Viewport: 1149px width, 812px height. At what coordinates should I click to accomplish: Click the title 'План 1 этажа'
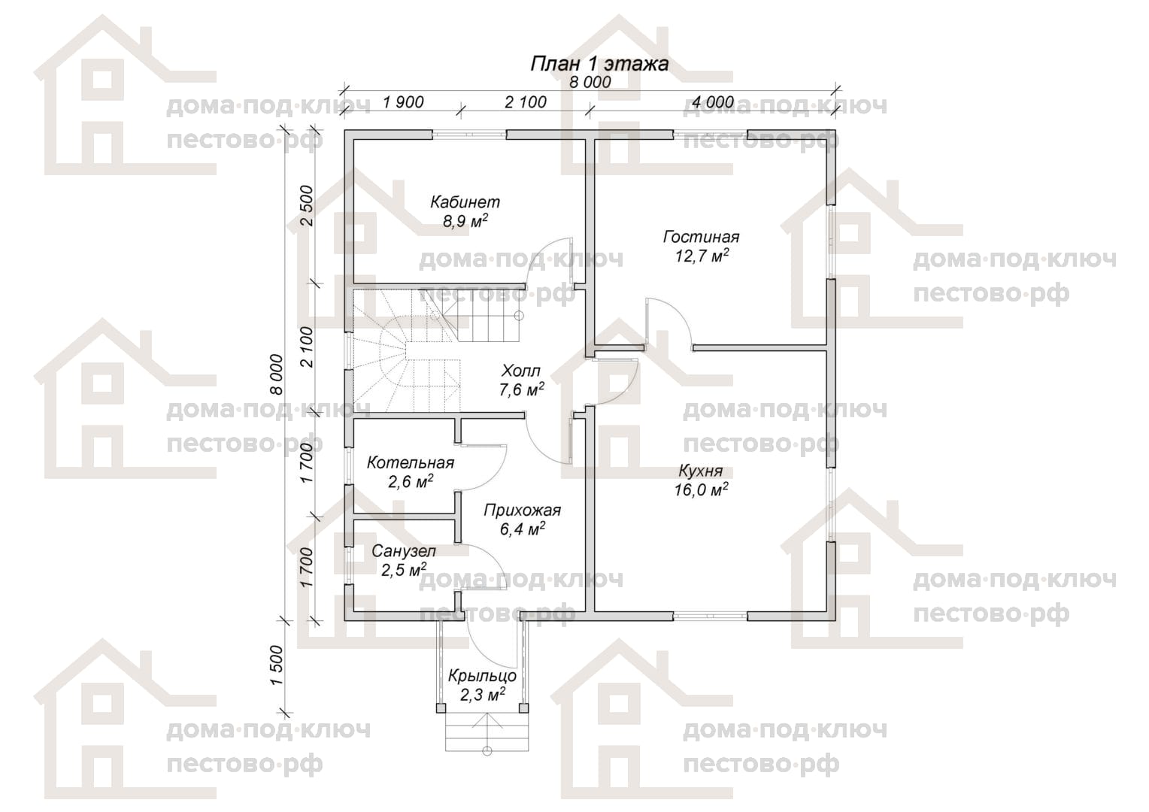pyautogui.click(x=599, y=64)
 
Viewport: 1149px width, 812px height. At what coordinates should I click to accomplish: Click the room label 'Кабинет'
pyautogui.click(x=465, y=202)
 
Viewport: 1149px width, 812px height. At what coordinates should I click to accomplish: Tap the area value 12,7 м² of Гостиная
pyautogui.click(x=701, y=256)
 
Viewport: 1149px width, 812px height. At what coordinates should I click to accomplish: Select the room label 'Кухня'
pyautogui.click(x=701, y=471)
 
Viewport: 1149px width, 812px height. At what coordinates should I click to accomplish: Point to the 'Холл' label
pyautogui.click(x=521, y=371)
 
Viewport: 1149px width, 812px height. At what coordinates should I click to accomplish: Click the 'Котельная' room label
pyautogui.click(x=411, y=463)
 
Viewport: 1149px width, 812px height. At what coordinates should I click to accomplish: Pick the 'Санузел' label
pyautogui.click(x=404, y=551)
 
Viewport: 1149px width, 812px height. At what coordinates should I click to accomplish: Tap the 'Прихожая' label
pyautogui.click(x=522, y=511)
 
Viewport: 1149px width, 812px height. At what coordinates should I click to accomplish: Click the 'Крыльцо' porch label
pyautogui.click(x=482, y=676)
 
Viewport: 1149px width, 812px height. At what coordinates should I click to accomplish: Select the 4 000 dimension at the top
pyautogui.click(x=713, y=102)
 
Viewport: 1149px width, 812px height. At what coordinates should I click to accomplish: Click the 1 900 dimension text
pyautogui.click(x=403, y=102)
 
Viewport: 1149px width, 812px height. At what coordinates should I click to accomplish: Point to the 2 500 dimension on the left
pyautogui.click(x=306, y=206)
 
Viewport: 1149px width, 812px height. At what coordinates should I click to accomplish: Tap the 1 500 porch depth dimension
pyautogui.click(x=277, y=665)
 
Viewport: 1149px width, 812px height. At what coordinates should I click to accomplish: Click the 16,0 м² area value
pyautogui.click(x=701, y=490)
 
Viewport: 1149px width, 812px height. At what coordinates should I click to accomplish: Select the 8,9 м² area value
pyautogui.click(x=465, y=221)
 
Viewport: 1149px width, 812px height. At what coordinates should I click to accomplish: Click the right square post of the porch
pyautogui.click(x=523, y=708)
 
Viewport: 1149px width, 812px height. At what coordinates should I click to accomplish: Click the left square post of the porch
pyautogui.click(x=441, y=708)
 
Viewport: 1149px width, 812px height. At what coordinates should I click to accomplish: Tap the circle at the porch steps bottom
pyautogui.click(x=487, y=751)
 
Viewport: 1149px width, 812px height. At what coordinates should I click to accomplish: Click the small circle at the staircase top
pyautogui.click(x=519, y=316)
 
